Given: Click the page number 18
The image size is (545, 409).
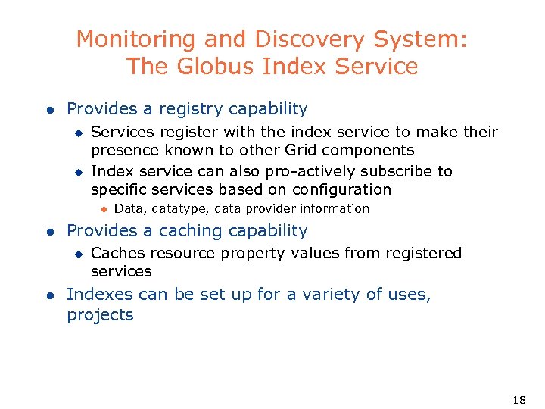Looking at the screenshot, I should pos(519,399).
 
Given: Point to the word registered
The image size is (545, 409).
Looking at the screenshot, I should pos(423,253).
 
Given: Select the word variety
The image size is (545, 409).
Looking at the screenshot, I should pos(334,295).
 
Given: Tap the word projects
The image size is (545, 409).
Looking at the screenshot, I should pos(100,315).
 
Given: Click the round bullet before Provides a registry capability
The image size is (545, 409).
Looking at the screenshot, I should pos(48,110).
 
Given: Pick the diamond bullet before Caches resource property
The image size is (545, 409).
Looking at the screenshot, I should pos(76,254).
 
